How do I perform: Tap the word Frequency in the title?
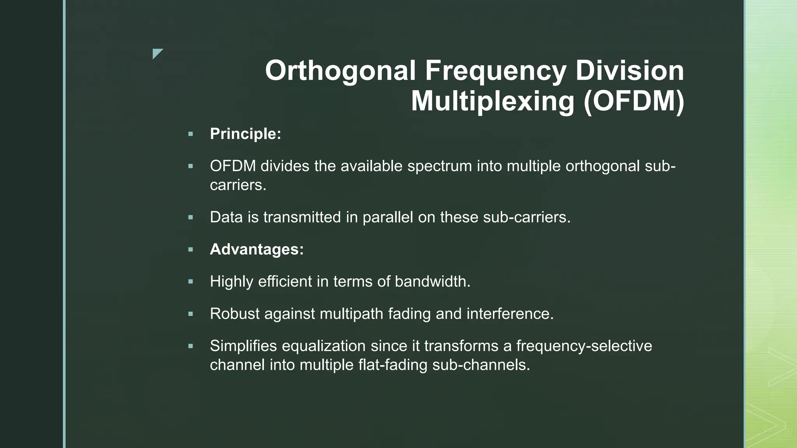pyautogui.click(x=495, y=71)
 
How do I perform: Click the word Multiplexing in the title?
pyautogui.click(x=492, y=101)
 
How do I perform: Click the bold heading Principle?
pyautogui.click(x=245, y=134)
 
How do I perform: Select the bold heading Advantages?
pyautogui.click(x=256, y=249)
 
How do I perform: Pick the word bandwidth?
pyautogui.click(x=432, y=282)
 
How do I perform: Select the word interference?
pyautogui.click(x=510, y=314)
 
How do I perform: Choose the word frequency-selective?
pyautogui.click(x=584, y=346)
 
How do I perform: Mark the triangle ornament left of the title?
pyautogui.click(x=157, y=53)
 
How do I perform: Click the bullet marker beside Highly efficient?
pyautogui.click(x=190, y=282)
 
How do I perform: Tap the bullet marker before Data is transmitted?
pyautogui.click(x=190, y=217)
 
